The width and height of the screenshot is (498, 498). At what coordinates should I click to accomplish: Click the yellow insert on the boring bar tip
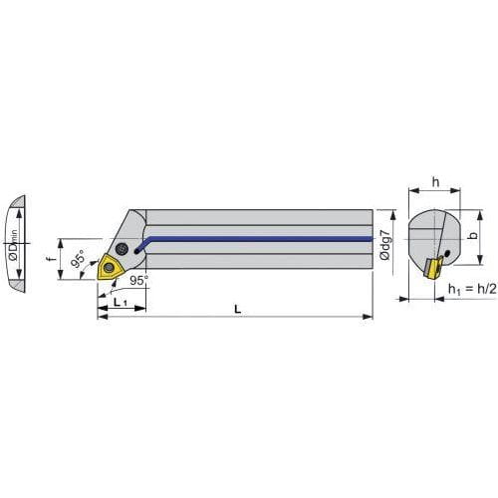[109, 267]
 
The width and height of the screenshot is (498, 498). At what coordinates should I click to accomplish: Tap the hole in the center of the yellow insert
[108, 267]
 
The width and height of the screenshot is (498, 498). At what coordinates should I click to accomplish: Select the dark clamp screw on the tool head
[122, 249]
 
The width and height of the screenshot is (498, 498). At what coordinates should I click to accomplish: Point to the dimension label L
[238, 309]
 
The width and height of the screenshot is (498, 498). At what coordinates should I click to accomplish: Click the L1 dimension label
[121, 302]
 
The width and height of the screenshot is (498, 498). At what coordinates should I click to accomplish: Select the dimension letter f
[51, 257]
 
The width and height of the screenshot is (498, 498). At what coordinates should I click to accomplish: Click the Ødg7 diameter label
[385, 244]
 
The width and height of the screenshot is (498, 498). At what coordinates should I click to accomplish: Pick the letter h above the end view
[435, 182]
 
